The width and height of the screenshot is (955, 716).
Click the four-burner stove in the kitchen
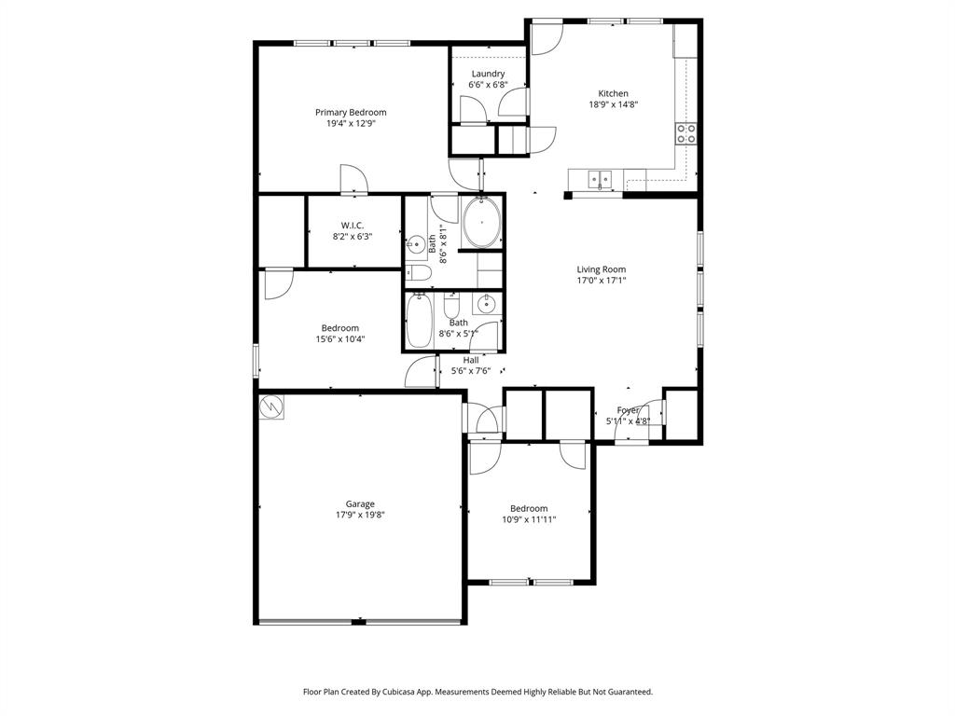pos(686,133)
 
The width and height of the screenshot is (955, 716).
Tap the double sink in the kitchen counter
pos(599,177)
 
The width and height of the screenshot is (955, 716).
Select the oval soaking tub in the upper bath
pos(482,225)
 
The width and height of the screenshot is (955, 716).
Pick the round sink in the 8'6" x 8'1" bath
pos(415,246)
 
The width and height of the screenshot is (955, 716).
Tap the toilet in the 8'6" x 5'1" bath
pos(451,306)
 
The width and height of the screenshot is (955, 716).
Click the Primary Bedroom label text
pos(350,112)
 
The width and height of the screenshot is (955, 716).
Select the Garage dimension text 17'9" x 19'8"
pos(360,515)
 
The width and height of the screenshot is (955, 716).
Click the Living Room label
pos(601,269)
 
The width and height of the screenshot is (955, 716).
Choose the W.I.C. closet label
pos(352,225)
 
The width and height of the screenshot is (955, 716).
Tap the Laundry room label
pos(488,74)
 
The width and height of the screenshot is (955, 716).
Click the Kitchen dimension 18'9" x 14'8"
pos(613,104)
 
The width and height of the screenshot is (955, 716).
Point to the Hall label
pos(471,360)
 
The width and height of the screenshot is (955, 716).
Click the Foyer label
pos(628,410)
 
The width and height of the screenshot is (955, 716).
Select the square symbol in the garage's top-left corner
pos(271,406)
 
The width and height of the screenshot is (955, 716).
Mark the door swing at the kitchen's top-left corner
pos(546,39)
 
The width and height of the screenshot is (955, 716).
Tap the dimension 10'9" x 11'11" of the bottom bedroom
pos(529,519)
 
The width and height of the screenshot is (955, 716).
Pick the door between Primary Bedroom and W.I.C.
pos(353,179)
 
